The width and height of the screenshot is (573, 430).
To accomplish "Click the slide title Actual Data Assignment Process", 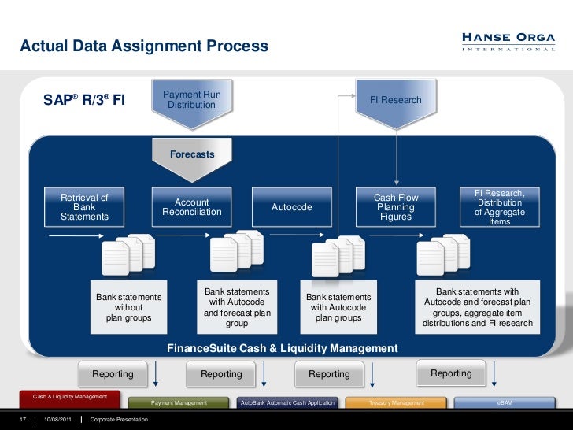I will pyautogui.click(x=144, y=46).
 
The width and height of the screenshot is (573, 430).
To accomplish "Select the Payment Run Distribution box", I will pyautogui.click(x=191, y=99).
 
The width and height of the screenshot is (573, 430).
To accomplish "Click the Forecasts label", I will pyautogui.click(x=192, y=154).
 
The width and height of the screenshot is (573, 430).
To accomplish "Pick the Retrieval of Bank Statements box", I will pyautogui.click(x=84, y=207).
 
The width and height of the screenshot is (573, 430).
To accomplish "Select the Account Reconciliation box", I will pyautogui.click(x=192, y=207).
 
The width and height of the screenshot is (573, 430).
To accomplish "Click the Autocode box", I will pyautogui.click(x=292, y=207).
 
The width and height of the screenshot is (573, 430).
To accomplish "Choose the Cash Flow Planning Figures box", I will pyautogui.click(x=396, y=207).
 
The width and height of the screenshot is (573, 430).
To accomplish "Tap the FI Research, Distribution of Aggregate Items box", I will pyautogui.click(x=500, y=207).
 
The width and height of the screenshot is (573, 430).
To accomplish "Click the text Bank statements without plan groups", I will pyautogui.click(x=128, y=307).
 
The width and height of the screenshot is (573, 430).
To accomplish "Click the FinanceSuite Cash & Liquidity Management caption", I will pyautogui.click(x=283, y=348).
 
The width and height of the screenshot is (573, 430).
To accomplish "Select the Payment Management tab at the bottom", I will pyautogui.click(x=179, y=402).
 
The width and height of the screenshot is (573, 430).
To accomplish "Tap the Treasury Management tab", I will pyautogui.click(x=397, y=402).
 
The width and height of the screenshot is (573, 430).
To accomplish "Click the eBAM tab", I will pyautogui.click(x=505, y=402).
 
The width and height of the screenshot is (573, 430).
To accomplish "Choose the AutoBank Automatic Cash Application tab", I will pyautogui.click(x=287, y=402).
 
